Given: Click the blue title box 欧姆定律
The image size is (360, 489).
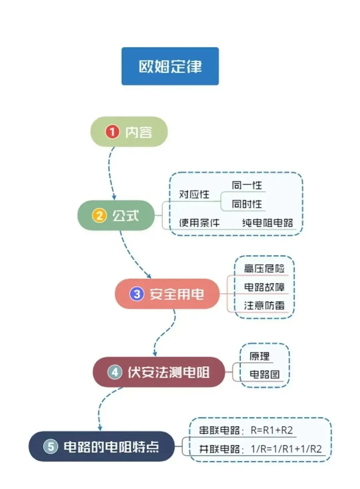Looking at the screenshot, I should (x=170, y=66).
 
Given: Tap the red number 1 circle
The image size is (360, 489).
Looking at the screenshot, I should (x=112, y=132).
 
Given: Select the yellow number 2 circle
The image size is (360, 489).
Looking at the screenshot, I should (x=99, y=216).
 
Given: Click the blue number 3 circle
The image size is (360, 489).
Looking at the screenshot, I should (x=137, y=294).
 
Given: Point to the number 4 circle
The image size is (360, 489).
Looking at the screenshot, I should (x=115, y=372).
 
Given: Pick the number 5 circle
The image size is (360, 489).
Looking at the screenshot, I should (x=51, y=446).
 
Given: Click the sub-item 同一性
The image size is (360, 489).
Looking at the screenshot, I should (x=247, y=185).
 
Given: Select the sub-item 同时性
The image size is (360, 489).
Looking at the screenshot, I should (x=247, y=204).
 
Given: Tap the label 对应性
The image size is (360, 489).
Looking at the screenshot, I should (x=194, y=194).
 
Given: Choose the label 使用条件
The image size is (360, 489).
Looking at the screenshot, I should (x=199, y=223).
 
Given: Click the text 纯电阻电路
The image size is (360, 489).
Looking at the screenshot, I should (x=268, y=223).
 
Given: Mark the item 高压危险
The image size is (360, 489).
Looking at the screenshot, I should (x=264, y=268).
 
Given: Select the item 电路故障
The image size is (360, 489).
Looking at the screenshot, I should (x=264, y=287).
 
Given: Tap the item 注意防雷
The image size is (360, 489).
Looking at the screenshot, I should (x=264, y=305).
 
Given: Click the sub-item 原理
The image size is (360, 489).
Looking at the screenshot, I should (x=259, y=356).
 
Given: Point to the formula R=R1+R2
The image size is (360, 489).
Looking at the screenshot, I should (x=272, y=430).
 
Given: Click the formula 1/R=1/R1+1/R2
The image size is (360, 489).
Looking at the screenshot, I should (x=286, y=449).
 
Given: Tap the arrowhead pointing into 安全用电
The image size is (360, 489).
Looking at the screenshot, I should (x=149, y=276).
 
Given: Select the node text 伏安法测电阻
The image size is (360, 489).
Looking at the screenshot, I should (x=168, y=372).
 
